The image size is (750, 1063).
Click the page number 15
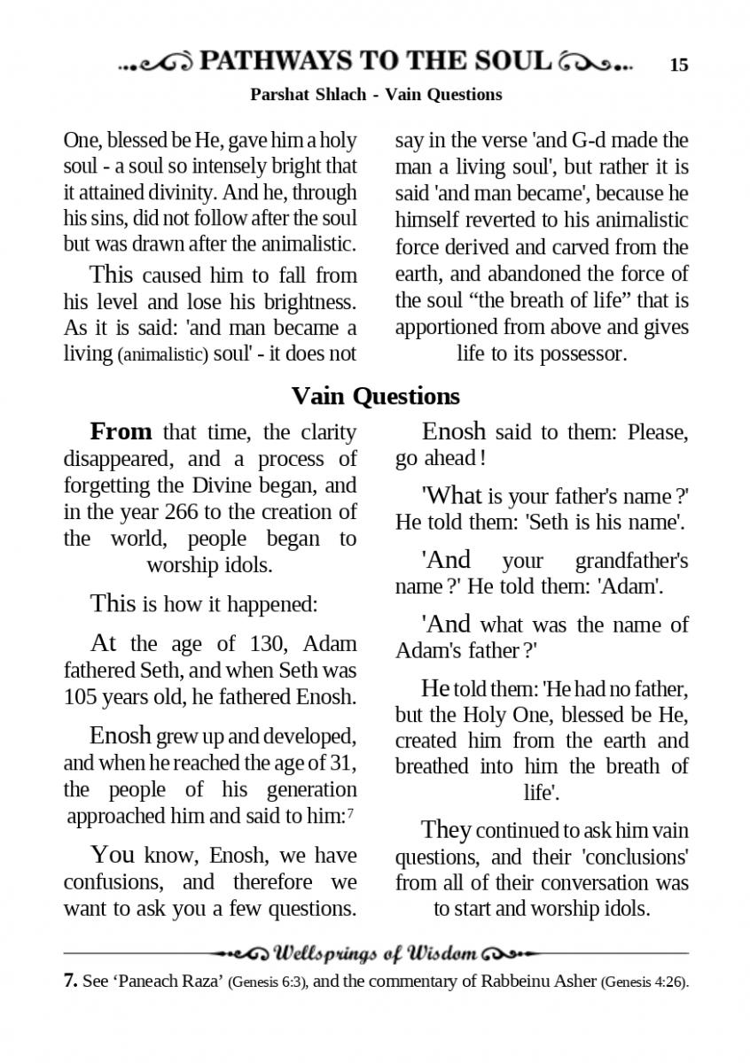click(x=679, y=65)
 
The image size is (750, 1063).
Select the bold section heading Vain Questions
click(x=375, y=395)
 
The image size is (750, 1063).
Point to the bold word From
click(x=121, y=432)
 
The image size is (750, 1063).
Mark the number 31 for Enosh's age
click(x=341, y=763)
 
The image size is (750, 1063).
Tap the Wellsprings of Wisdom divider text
click(x=375, y=954)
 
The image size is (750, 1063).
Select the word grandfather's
click(x=631, y=561)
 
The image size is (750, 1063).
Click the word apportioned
click(x=448, y=328)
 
